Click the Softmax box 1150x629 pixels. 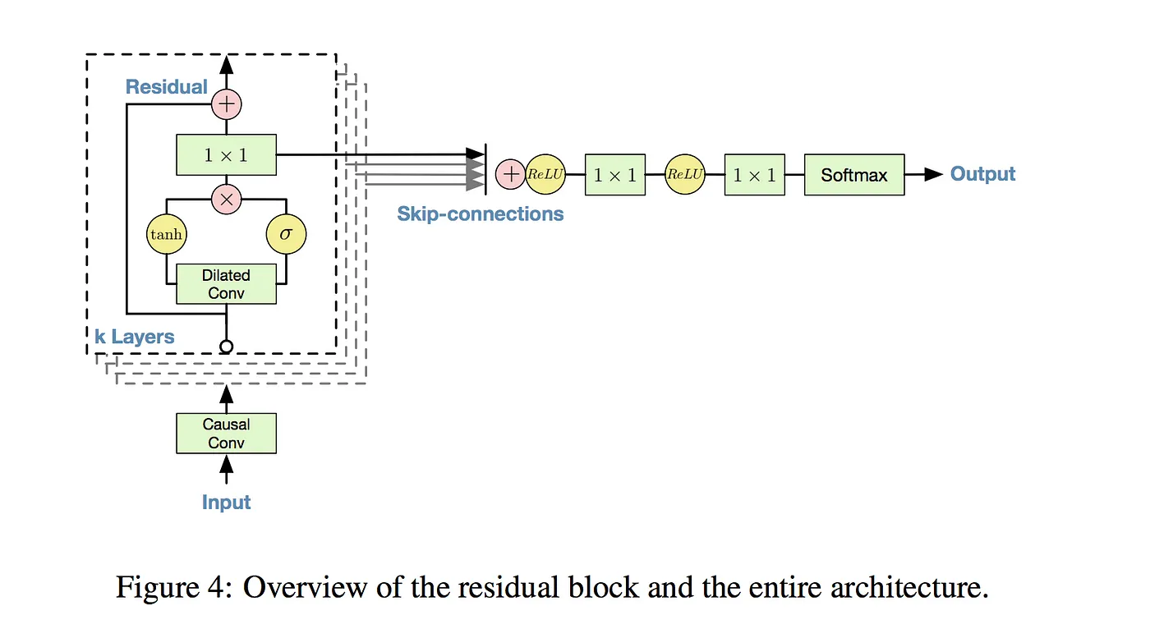(853, 175)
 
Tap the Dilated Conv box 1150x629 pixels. (226, 284)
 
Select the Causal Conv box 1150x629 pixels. (226, 433)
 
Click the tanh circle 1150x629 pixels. (166, 235)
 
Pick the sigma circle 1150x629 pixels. (286, 235)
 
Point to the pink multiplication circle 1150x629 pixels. (226, 198)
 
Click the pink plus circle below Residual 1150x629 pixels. (226, 104)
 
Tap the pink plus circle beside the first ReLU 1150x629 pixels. (510, 174)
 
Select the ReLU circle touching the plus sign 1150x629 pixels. (545, 174)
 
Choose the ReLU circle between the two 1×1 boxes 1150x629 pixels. (685, 174)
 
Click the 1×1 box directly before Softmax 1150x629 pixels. (754, 175)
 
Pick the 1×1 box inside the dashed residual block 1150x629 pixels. (226, 154)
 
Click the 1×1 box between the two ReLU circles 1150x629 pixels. (615, 175)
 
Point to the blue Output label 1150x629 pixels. (982, 174)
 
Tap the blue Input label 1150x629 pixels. (226, 502)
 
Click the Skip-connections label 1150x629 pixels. (481, 214)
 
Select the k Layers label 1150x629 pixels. (135, 337)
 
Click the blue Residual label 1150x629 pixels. (167, 86)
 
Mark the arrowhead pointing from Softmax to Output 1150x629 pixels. (933, 174)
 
